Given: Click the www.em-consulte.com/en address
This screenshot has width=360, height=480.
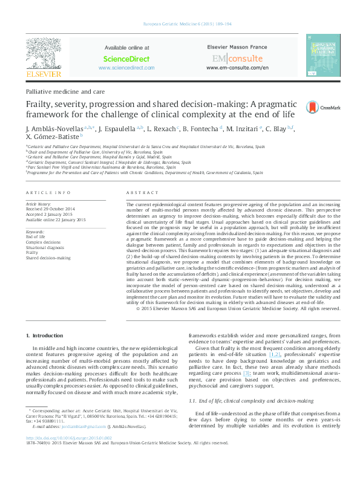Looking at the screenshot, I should click(237, 68).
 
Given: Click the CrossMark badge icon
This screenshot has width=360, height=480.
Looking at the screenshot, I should click(314, 108).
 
